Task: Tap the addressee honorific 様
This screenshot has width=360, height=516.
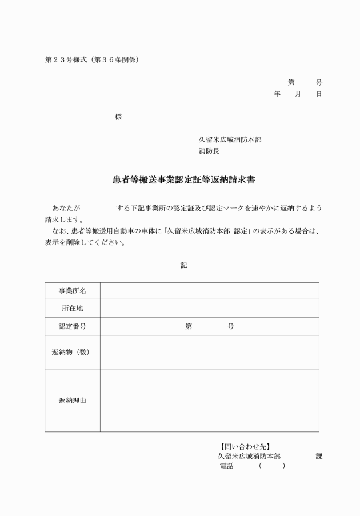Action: (118, 117)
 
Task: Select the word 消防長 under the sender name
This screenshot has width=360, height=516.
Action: (209, 151)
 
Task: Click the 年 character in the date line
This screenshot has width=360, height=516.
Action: (277, 94)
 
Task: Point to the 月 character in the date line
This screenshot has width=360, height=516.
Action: (298, 94)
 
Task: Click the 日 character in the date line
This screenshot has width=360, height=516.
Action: (319, 94)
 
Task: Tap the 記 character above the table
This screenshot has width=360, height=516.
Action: (183, 265)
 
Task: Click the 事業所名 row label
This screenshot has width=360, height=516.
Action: (73, 291)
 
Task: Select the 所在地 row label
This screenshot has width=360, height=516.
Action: (73, 309)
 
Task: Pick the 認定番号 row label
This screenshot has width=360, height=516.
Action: (73, 326)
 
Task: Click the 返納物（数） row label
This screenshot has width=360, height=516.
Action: (73, 352)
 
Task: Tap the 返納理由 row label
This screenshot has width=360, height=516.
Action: (73, 401)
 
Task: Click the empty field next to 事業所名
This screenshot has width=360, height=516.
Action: (209, 291)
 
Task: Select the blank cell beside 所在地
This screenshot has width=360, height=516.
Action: (209, 309)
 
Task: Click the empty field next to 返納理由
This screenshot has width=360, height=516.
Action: (209, 401)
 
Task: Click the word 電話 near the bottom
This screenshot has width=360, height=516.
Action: (226, 466)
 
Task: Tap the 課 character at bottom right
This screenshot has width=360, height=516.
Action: (319, 457)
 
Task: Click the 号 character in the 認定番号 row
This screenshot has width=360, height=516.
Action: (231, 326)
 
